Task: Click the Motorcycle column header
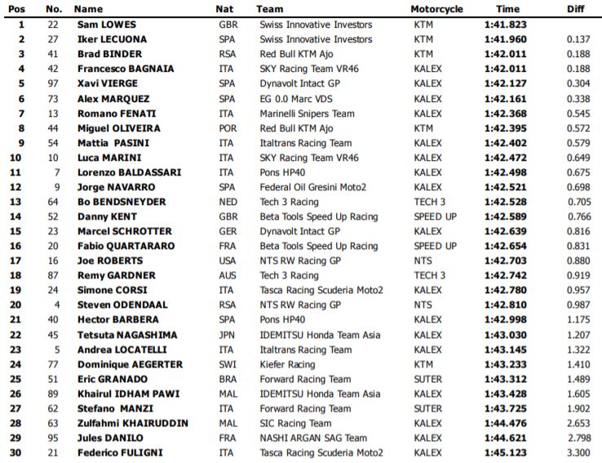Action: pyautogui.click(x=437, y=9)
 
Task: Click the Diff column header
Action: pyautogui.click(x=575, y=9)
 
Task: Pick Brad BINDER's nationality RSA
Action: pyautogui.click(x=228, y=54)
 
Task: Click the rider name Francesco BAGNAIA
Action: pyautogui.click(x=125, y=69)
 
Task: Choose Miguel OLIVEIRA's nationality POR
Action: pyautogui.click(x=228, y=128)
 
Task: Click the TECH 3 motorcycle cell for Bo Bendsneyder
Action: pyautogui.click(x=429, y=202)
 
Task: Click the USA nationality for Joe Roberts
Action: pyautogui.click(x=228, y=260)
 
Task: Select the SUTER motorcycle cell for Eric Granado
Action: pyautogui.click(x=428, y=379)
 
